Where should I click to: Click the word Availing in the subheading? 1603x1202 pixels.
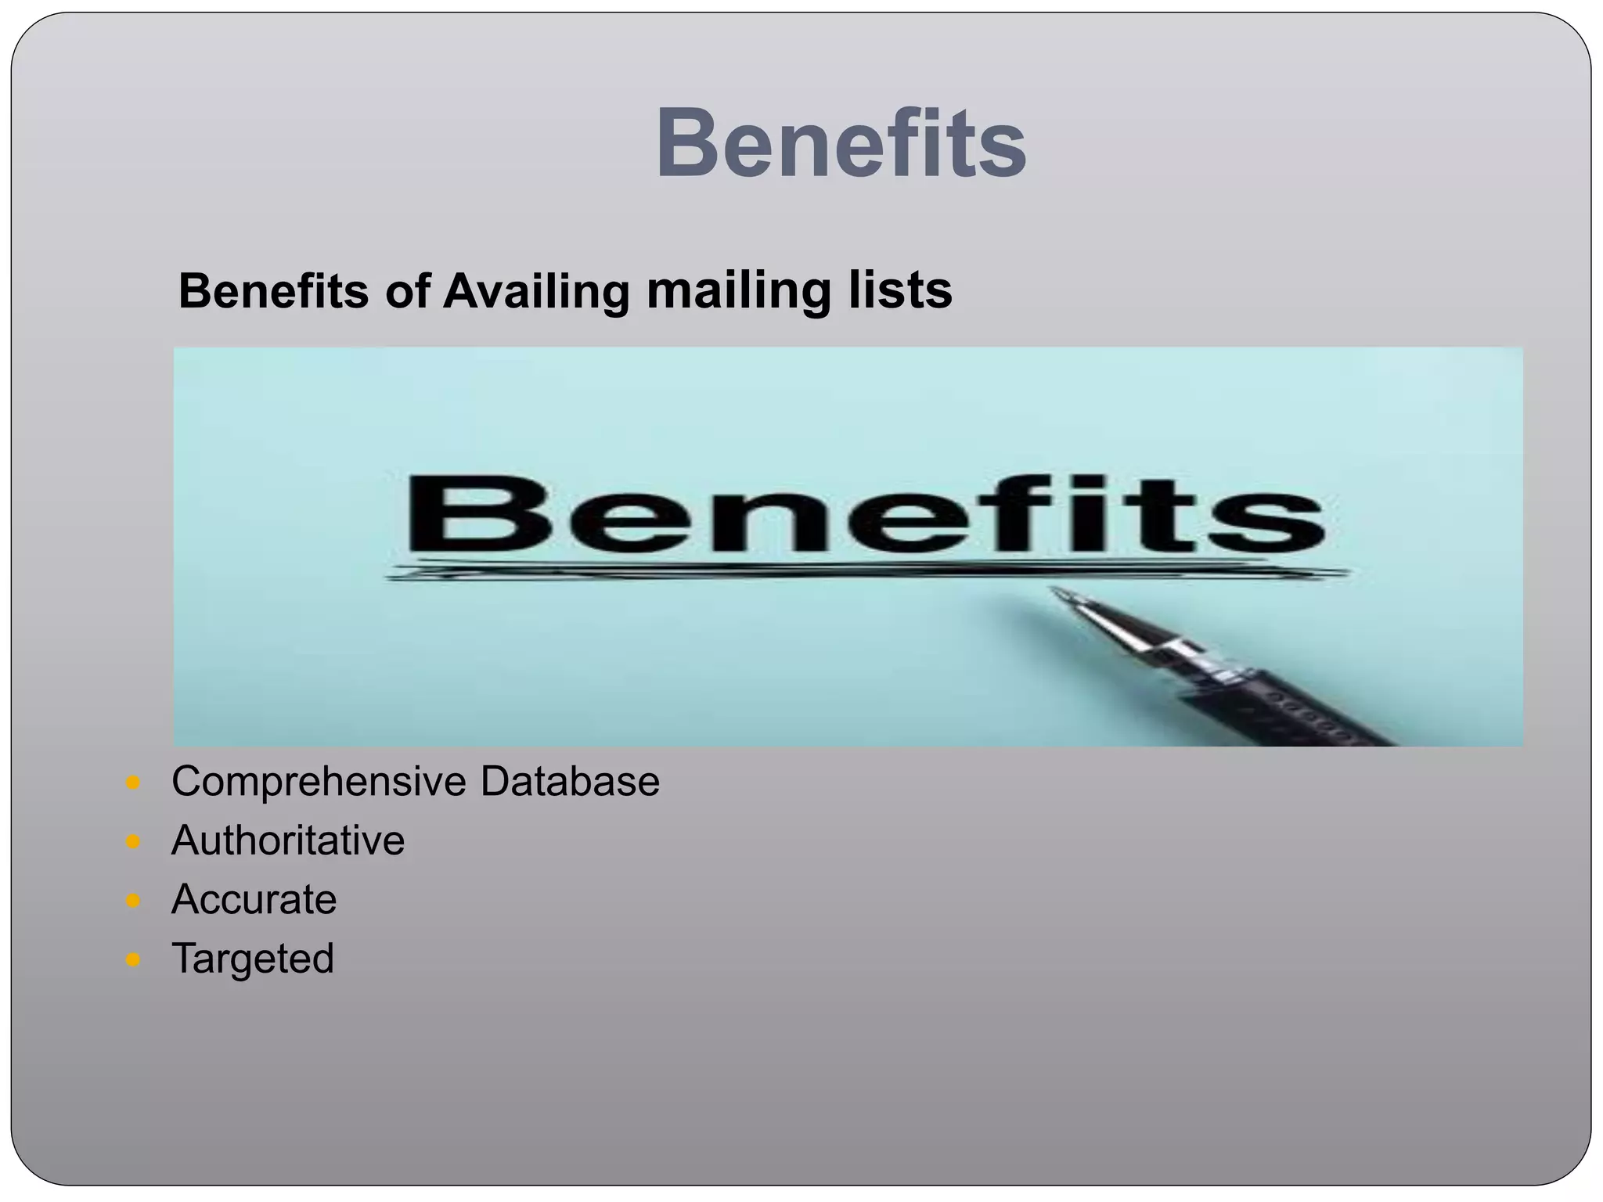click(536, 292)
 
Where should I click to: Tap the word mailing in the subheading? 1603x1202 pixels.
click(737, 292)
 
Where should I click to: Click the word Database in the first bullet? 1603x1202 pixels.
click(570, 781)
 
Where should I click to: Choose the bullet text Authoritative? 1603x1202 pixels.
click(288, 840)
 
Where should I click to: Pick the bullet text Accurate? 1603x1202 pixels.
click(254, 899)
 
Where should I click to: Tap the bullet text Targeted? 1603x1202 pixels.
click(252, 959)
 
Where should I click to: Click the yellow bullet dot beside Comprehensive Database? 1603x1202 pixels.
click(132, 783)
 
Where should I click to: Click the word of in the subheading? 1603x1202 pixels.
click(407, 292)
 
